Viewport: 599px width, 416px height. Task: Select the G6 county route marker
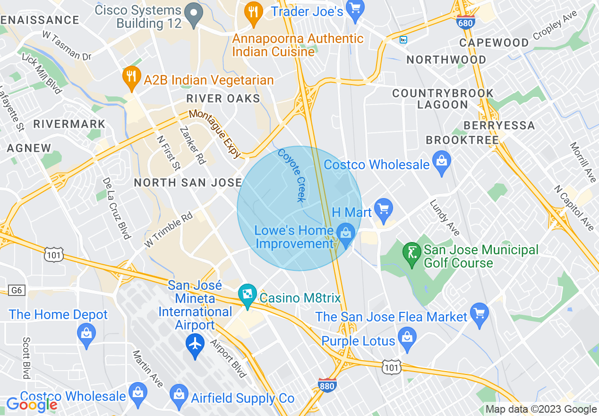pyautogui.click(x=17, y=290)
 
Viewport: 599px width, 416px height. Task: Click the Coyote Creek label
pyautogui.click(x=291, y=175)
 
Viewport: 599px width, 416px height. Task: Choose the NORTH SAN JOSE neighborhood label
pyautogui.click(x=188, y=182)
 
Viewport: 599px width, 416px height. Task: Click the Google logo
pyautogui.click(x=32, y=405)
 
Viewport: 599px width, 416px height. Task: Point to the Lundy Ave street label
pyautogui.click(x=445, y=217)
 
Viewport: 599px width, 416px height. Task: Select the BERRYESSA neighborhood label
pyautogui.click(x=499, y=125)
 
